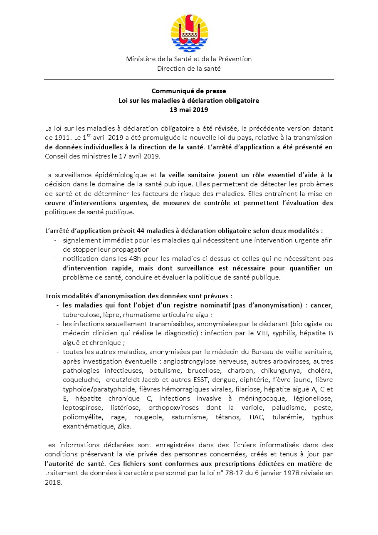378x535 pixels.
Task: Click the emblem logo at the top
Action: pyautogui.click(x=189, y=32)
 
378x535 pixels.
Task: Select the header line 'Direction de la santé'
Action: pyautogui.click(x=189, y=68)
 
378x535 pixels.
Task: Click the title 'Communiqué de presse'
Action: pyautogui.click(x=189, y=91)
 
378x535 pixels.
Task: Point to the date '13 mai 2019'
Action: pyautogui.click(x=189, y=110)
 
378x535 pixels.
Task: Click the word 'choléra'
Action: pyautogui.click(x=321, y=370)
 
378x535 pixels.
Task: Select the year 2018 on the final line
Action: pyautogui.click(x=53, y=483)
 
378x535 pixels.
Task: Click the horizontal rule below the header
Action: pyautogui.click(x=189, y=79)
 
